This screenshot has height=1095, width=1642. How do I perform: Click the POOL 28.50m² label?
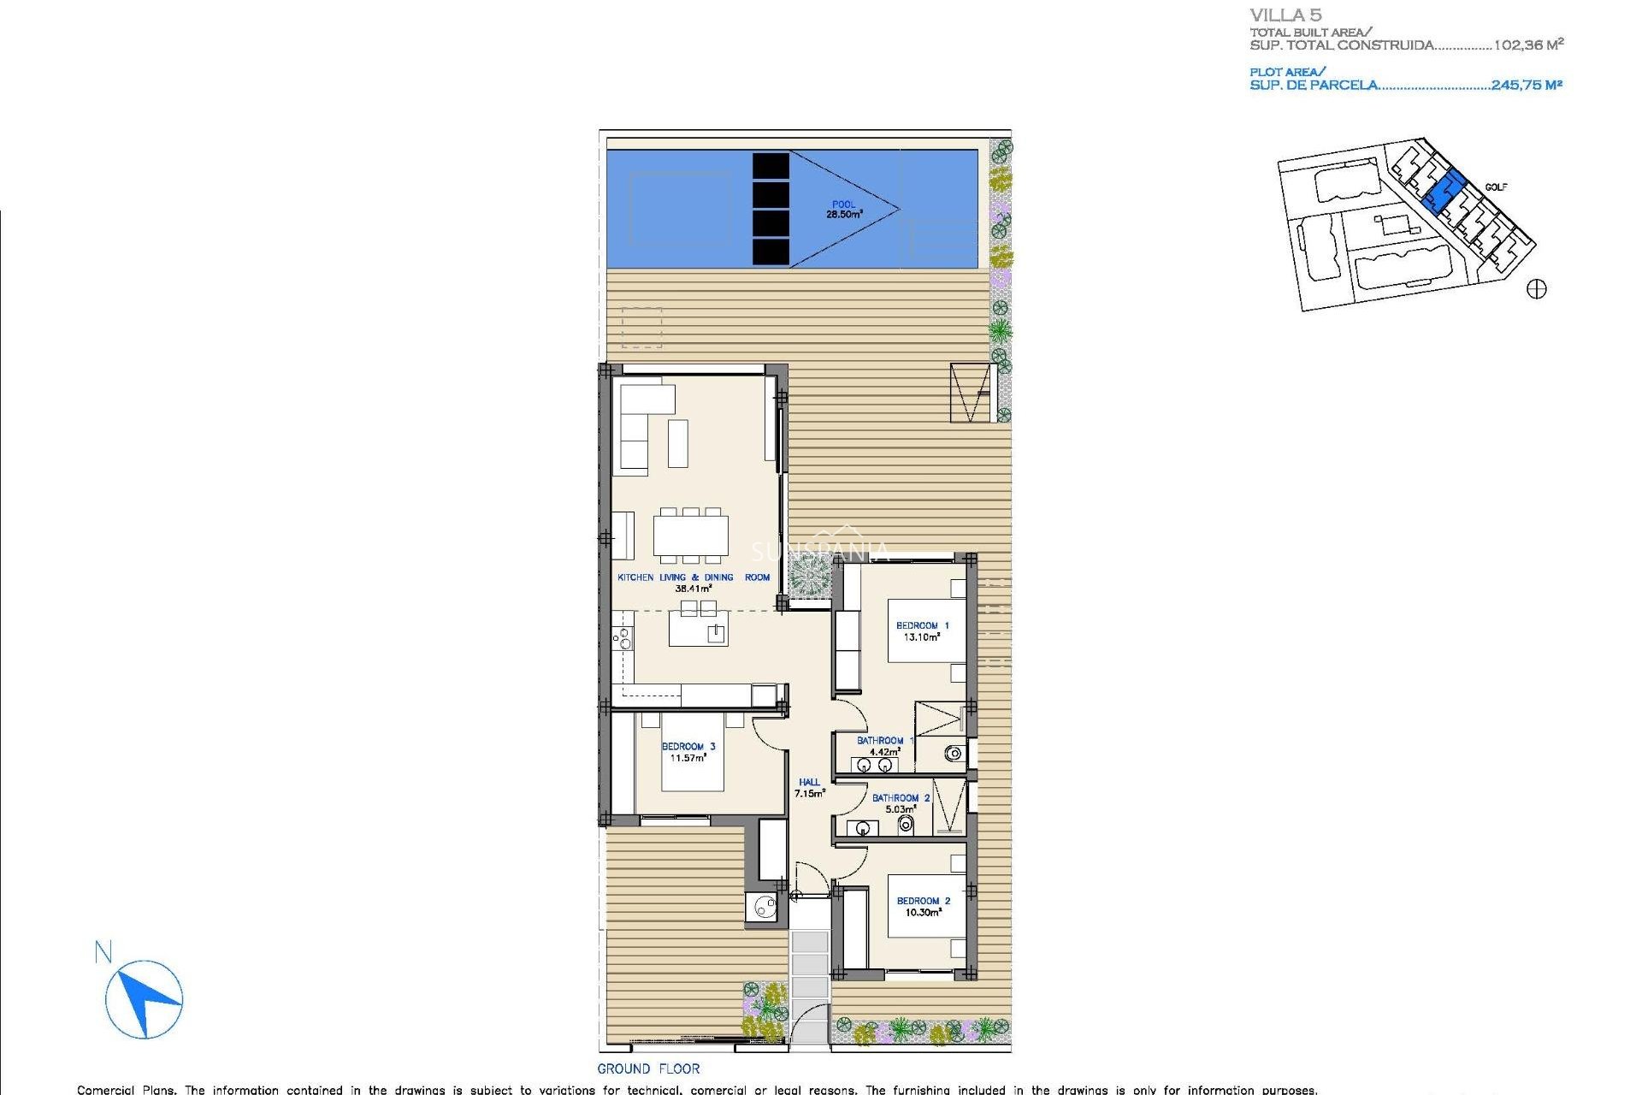pos(843,210)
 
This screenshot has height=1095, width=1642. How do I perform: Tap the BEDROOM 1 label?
pos(922,631)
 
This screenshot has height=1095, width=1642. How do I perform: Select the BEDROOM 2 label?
pos(923,907)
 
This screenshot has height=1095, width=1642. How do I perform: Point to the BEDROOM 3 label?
pos(688,752)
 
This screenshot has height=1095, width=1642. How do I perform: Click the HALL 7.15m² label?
pos(809,788)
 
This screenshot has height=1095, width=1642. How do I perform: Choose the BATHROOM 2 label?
pos(901,803)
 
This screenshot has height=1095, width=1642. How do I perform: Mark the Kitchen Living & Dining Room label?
pos(694,583)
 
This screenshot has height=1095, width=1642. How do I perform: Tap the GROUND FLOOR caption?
pos(648,1068)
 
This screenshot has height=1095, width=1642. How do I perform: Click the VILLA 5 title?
pos(1285,15)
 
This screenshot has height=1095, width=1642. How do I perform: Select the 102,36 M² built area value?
pos(1528,44)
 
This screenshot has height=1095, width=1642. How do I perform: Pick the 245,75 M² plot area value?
pos(1527,85)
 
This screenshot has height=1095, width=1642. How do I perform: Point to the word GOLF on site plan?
pos(1496,187)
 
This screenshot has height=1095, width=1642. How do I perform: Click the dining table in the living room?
pos(691,536)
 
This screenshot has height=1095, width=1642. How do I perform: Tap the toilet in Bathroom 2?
pos(907,825)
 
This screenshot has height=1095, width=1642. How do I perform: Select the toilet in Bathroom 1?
pos(954,754)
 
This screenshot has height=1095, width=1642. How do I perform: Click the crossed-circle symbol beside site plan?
pos(1536,289)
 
